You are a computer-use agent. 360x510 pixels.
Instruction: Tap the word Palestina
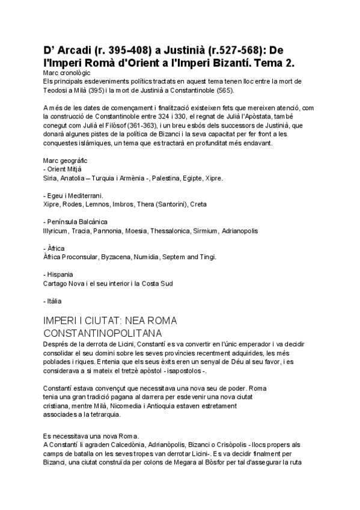pyautogui.click(x=171, y=179)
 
